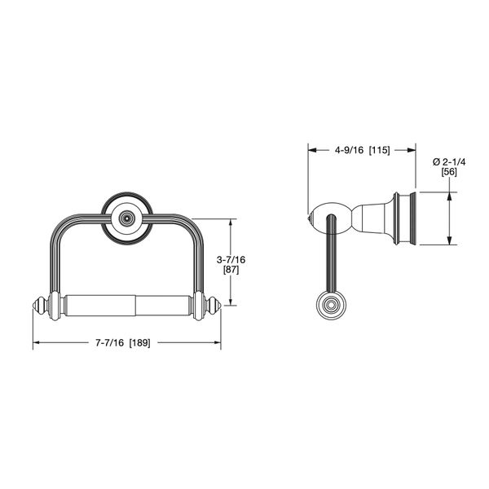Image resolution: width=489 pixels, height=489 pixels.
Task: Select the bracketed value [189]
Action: (144, 342)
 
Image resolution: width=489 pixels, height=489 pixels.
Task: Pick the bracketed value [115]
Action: (381, 149)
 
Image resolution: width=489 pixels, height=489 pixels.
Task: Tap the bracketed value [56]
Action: (448, 172)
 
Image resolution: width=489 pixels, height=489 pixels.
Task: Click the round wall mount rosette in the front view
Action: (126, 218)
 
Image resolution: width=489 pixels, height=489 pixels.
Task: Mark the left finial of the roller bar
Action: (39, 307)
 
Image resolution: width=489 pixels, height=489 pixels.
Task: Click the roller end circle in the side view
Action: (330, 307)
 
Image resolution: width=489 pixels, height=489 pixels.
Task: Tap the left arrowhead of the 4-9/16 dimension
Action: (310, 149)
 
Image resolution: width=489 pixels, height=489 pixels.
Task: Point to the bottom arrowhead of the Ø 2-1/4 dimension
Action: (448, 241)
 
